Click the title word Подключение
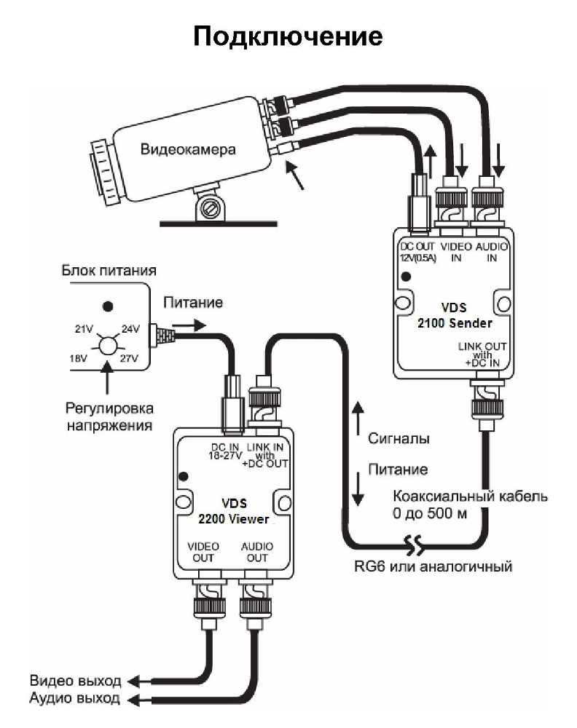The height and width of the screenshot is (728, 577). pos(288,36)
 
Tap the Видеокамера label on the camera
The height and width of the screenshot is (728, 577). pos(188,151)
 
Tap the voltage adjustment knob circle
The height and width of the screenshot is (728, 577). pos(107,343)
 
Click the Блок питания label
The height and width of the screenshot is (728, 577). pos(107,271)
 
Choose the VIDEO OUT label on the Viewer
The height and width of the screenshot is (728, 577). pos(203,552)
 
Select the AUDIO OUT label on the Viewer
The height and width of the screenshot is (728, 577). pos(257,552)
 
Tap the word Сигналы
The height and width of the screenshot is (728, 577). pos(399,439)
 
